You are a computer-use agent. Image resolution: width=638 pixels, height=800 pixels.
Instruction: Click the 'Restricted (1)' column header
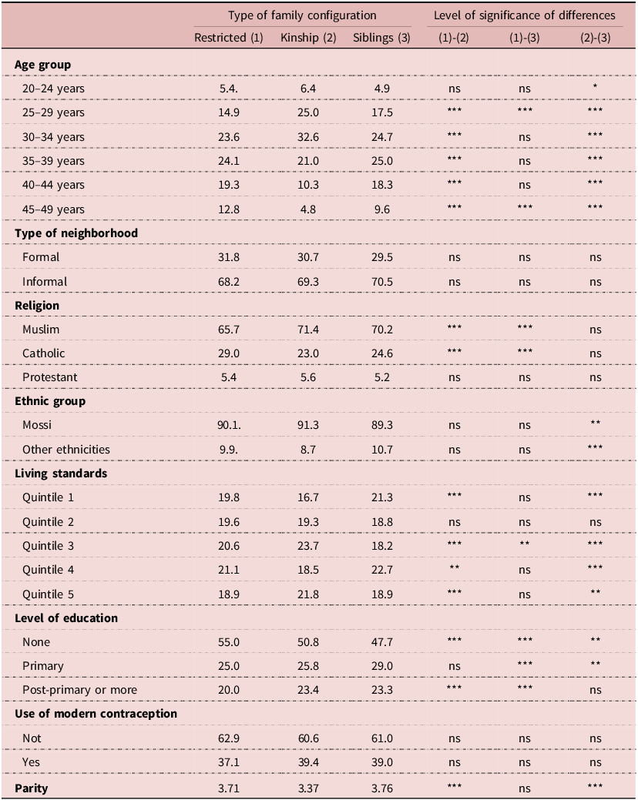pos(229,38)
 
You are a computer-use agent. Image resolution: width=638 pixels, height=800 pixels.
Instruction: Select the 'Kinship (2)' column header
pos(308,38)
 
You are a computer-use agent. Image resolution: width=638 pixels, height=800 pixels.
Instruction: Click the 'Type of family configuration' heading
pos(302,15)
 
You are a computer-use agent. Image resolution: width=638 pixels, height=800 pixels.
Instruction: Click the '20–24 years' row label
pos(53,89)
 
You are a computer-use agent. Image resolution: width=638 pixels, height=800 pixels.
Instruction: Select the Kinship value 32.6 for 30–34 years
pos(307,137)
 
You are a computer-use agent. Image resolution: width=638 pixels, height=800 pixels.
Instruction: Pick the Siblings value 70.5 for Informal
pos(381,282)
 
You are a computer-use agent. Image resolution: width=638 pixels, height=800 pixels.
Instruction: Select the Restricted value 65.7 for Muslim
pos(229,330)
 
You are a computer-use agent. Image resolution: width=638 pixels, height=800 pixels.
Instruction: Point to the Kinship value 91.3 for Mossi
pos(307,426)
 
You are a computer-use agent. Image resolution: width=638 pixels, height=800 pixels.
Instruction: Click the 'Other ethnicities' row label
pos(65,450)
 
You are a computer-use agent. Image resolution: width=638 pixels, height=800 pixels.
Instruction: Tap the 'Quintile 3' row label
pos(49,546)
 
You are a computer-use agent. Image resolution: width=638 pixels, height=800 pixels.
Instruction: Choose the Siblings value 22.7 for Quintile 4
pos(381,571)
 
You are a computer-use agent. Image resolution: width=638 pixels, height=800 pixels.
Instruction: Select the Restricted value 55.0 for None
pos(229,642)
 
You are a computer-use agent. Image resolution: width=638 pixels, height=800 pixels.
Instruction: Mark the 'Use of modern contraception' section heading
pos(96,715)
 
